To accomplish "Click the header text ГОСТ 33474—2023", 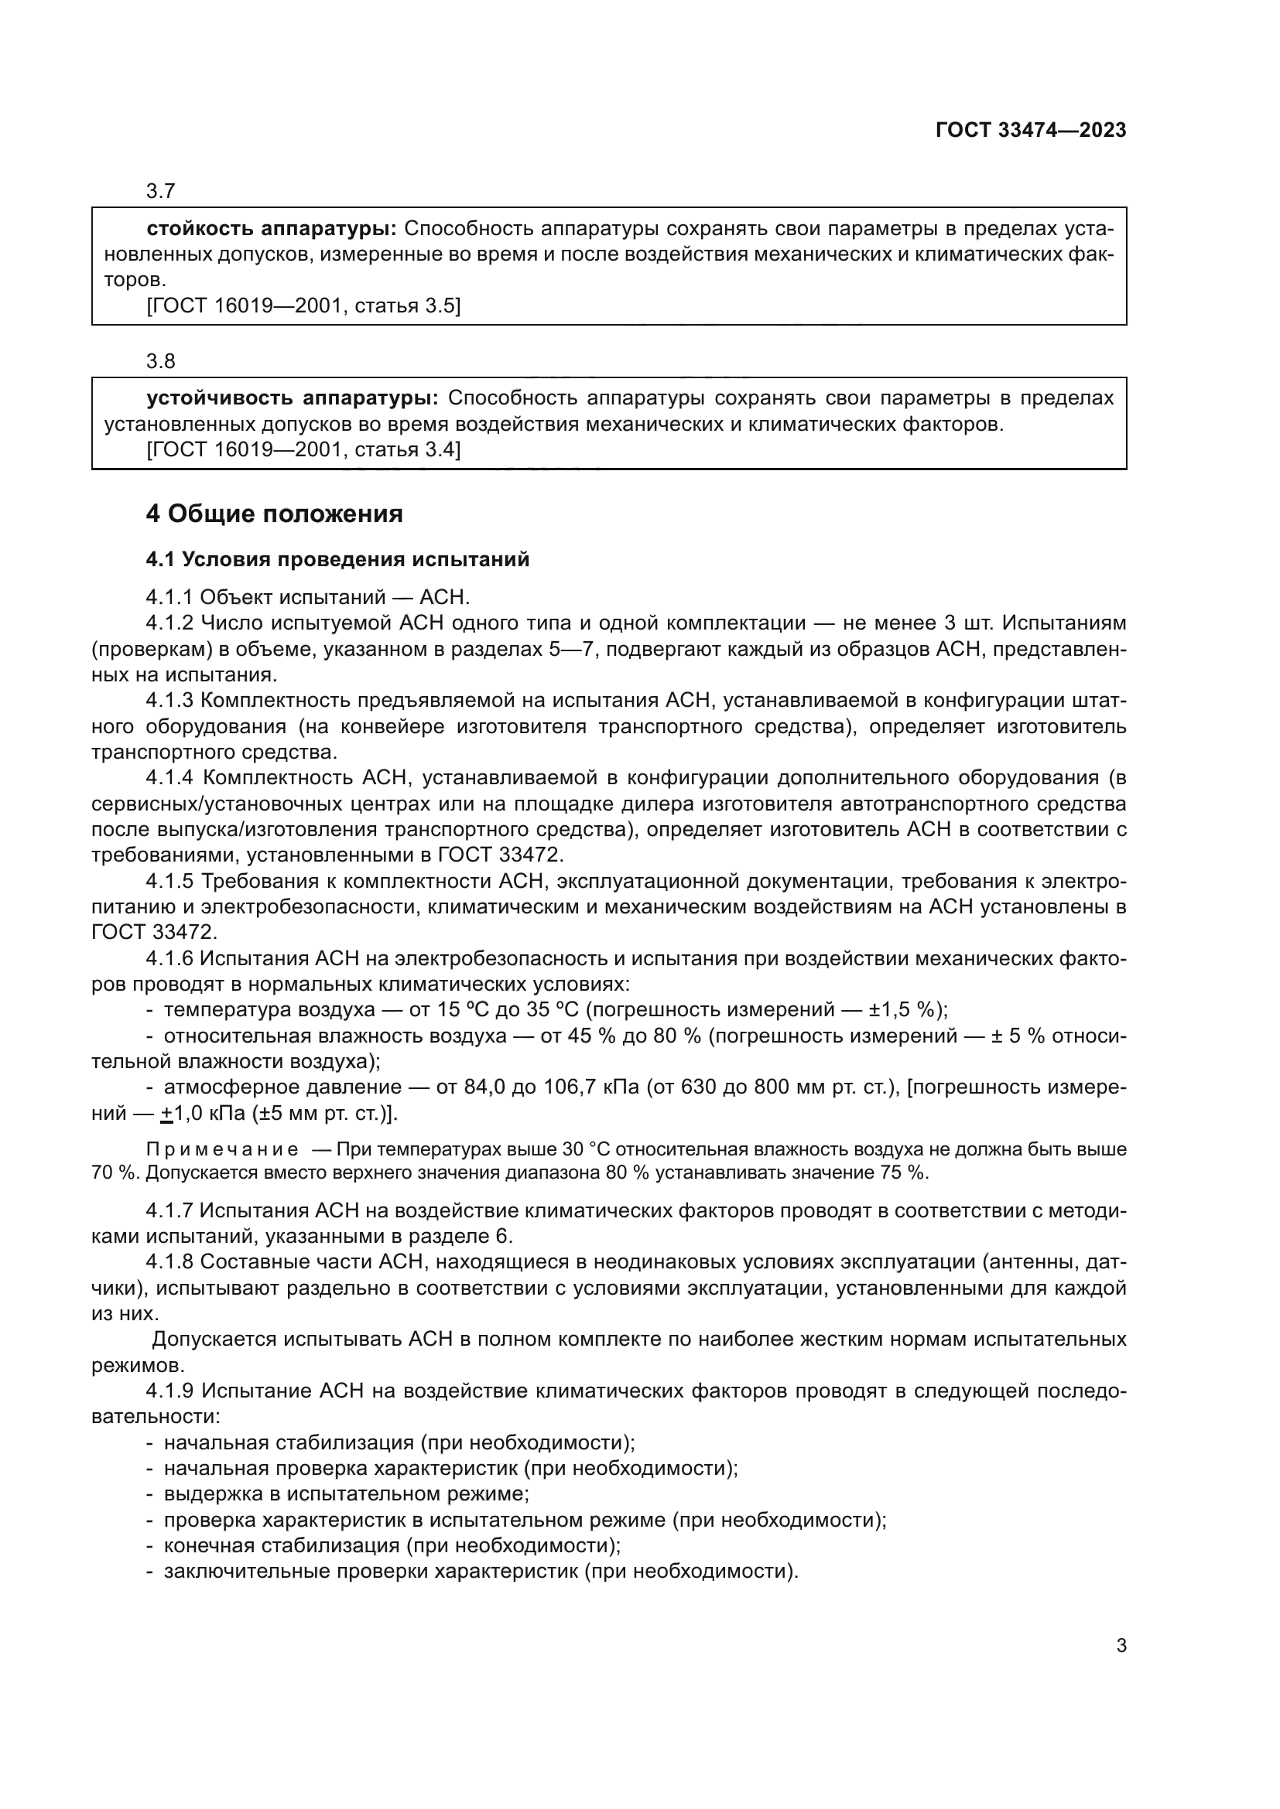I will (1030, 131).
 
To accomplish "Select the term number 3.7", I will (161, 192).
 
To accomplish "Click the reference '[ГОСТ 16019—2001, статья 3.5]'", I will (303, 305).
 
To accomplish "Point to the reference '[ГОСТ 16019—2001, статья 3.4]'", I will (303, 450).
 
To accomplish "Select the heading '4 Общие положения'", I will (274, 514).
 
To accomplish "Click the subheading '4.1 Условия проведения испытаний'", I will (337, 560).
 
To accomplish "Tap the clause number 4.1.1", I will (169, 597).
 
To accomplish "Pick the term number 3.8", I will (161, 362).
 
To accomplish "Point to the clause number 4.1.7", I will (169, 1210).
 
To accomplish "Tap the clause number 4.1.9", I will (169, 1391).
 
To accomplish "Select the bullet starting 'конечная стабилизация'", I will (392, 1545).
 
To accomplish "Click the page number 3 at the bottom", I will (1121, 1646).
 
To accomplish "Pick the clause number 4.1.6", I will (169, 959).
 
